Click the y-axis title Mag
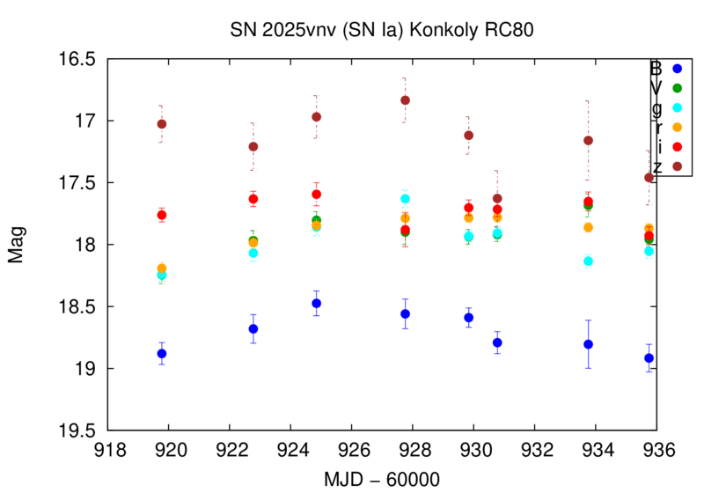(17, 245)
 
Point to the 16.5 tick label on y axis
(77, 59)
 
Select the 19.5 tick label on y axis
(77, 430)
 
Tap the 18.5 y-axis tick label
(77, 306)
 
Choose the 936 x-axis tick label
(658, 448)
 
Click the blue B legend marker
(677, 69)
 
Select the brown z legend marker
(677, 166)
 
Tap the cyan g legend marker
(677, 107)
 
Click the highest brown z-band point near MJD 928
(405, 100)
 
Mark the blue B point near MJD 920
(162, 354)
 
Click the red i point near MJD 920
(162, 215)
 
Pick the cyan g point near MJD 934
(588, 261)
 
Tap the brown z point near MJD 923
(253, 146)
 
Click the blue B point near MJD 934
(588, 344)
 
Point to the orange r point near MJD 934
(588, 227)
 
